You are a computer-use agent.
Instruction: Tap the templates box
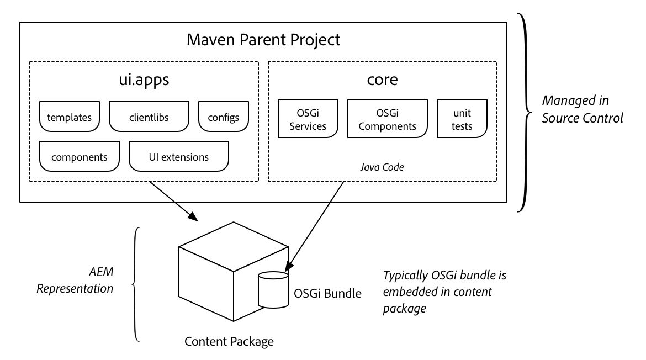[69, 117]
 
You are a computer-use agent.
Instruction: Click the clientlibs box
[150, 117]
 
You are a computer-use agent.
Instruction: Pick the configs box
[223, 117]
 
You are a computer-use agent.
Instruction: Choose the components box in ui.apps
[79, 156]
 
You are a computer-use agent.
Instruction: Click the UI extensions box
[178, 156]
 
